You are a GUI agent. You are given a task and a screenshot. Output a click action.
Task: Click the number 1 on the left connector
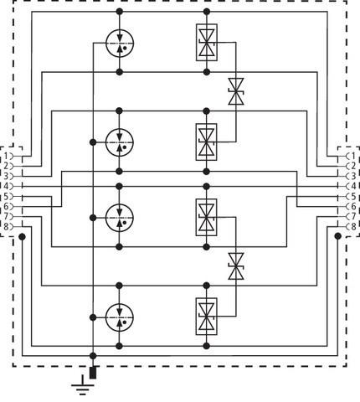coord(8,156)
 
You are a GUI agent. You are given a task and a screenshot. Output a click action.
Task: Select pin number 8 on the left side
coord(8,225)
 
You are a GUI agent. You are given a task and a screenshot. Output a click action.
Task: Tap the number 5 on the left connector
coord(8,196)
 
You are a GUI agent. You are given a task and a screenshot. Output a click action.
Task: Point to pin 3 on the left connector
coord(8,176)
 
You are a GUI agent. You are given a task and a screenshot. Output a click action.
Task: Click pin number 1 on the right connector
coord(352,156)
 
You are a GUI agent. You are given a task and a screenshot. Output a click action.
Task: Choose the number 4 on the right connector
coord(352,186)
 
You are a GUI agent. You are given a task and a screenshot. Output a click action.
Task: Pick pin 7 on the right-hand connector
coord(352,215)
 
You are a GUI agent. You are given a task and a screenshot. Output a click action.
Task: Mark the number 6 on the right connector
coord(352,205)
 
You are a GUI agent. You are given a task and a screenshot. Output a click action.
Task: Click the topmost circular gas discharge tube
coord(121,44)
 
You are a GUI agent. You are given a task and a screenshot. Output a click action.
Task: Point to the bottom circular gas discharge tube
coord(121,314)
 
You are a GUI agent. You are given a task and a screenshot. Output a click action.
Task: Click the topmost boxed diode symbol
coord(207,43)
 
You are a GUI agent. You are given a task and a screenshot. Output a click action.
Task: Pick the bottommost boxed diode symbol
coord(207,314)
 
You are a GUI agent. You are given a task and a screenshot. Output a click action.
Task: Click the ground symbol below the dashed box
coord(81,385)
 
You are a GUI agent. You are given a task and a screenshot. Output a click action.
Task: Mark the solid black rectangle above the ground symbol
coord(93,372)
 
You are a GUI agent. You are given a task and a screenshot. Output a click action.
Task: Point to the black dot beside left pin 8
coord(23,236)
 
